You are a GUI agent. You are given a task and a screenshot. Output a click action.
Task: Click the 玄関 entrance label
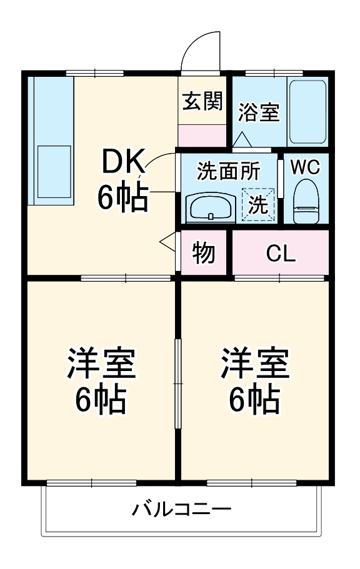click(202, 101)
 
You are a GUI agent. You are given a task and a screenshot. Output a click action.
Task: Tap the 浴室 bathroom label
click(259, 112)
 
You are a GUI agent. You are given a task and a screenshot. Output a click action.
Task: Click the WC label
click(305, 167)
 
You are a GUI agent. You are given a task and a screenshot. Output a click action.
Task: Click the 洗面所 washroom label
click(228, 170)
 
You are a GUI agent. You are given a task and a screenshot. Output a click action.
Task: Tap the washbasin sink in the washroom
click(211, 207)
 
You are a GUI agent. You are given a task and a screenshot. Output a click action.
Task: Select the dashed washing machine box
click(259, 204)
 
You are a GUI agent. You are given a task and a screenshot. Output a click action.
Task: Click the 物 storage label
click(204, 252)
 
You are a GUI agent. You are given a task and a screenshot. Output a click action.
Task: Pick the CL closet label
click(281, 253)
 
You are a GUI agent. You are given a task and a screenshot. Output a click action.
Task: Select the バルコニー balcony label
click(181, 509)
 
